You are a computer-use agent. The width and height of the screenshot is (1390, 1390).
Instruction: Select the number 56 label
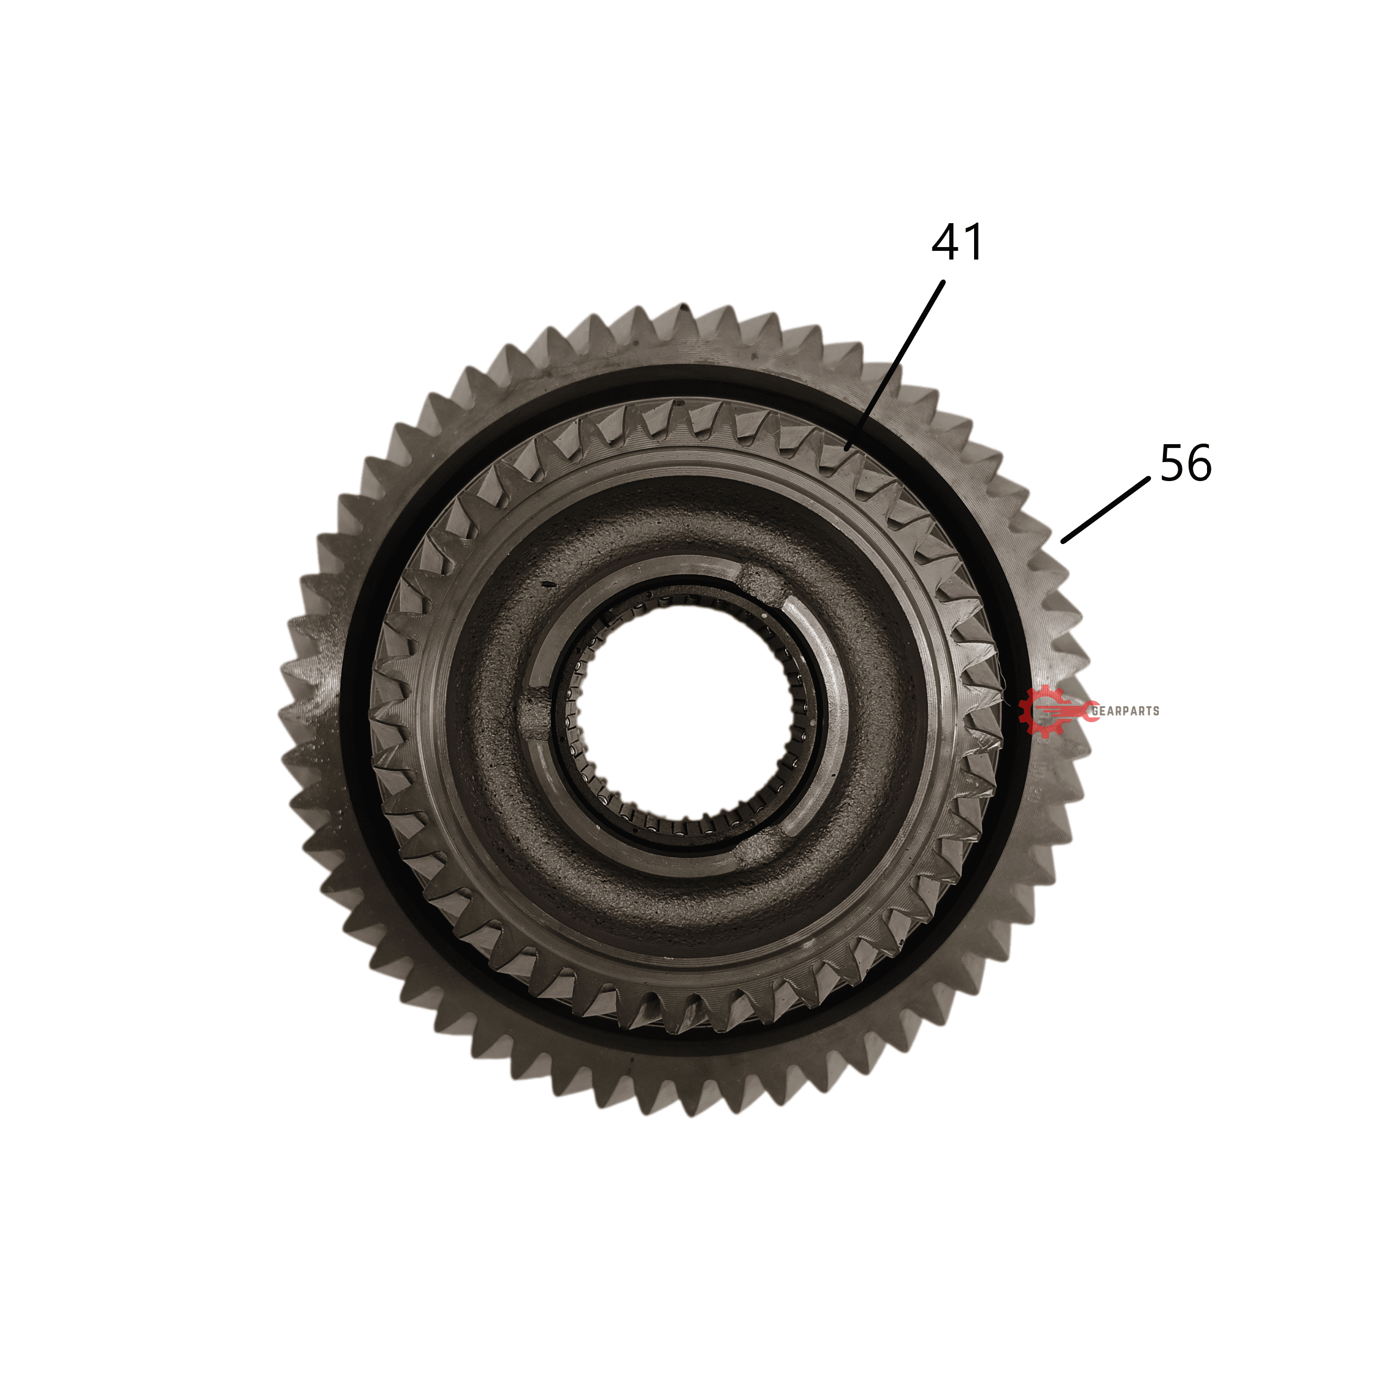tap(1186, 463)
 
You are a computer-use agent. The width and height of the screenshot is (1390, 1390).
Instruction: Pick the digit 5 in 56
tap(1172, 463)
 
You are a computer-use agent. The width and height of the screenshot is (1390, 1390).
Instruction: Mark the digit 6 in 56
tap(1200, 463)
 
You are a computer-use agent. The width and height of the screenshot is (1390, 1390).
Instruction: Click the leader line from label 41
tap(894, 365)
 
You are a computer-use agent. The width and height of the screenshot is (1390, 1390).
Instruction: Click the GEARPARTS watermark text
tap(1125, 711)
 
